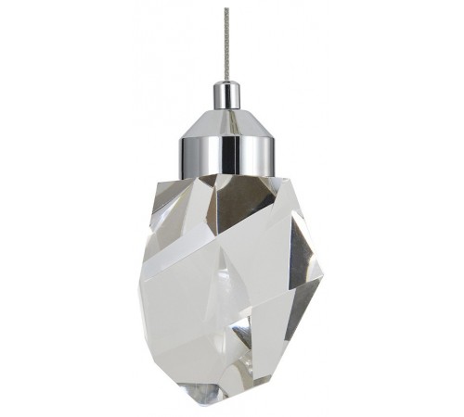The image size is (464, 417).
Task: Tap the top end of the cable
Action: pos(226,8)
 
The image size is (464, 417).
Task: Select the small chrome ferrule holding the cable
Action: pos(226,94)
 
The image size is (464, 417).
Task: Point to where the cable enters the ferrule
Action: pos(226,83)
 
